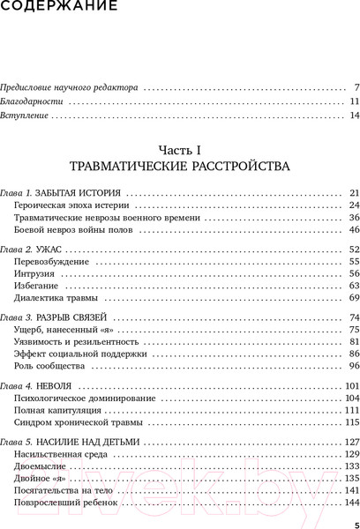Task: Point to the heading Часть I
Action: (x=180, y=148)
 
